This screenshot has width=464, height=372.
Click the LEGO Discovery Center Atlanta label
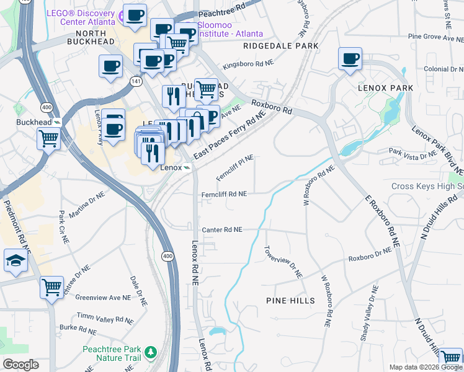(80, 18)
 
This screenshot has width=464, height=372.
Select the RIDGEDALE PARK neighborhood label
(280, 46)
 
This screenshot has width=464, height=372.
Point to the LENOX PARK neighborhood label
(385, 88)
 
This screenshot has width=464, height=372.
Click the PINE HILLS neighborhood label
(290, 301)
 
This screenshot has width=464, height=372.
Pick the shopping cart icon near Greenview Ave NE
(52, 287)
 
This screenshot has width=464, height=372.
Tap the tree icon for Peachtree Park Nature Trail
(150, 353)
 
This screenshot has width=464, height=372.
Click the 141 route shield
(135, 81)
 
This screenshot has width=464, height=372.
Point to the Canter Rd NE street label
(221, 229)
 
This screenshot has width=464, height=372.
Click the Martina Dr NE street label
(87, 205)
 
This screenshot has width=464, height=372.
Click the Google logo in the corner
(20, 365)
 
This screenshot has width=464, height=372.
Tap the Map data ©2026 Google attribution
(426, 367)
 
